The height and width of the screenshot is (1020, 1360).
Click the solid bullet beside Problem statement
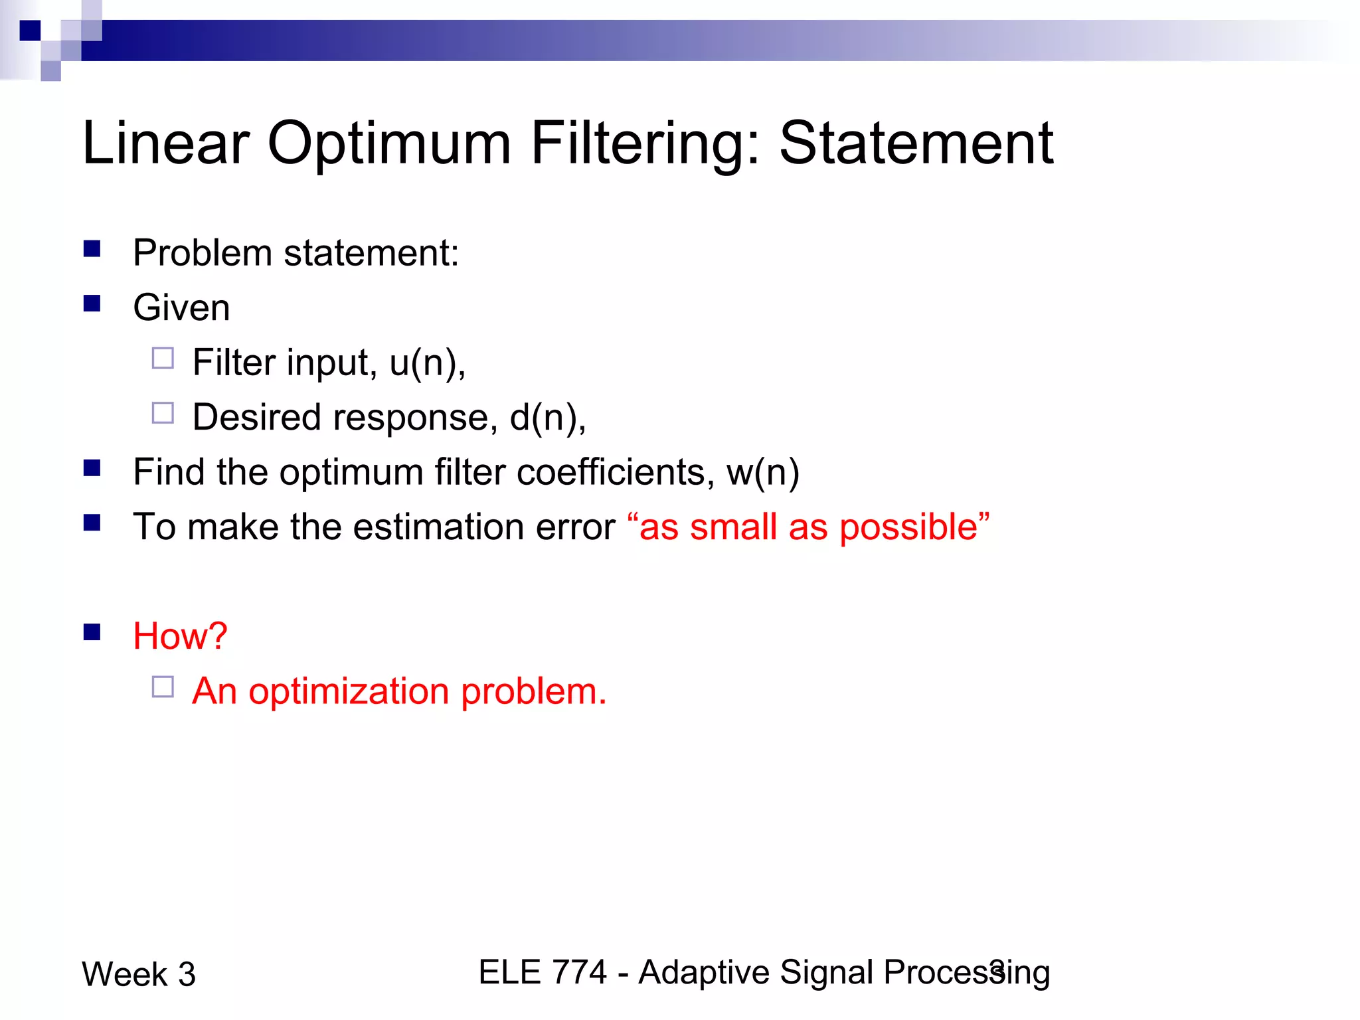click(92, 249)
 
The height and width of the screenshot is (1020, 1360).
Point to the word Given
click(181, 307)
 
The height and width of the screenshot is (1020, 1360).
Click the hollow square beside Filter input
click(163, 359)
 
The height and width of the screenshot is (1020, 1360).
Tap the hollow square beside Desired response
click(163, 413)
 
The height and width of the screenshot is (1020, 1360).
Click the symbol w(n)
click(763, 472)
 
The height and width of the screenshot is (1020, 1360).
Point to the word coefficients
click(611, 472)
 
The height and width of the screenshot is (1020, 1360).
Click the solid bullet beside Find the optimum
click(92, 468)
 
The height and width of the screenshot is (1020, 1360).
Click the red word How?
click(180, 636)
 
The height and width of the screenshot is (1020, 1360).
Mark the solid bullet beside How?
click(92, 632)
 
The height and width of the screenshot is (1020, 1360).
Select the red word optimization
click(349, 691)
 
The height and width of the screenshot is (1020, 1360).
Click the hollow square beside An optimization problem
click(163, 687)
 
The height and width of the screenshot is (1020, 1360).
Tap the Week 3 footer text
click(139, 974)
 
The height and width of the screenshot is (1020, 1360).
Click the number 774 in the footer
click(580, 972)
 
